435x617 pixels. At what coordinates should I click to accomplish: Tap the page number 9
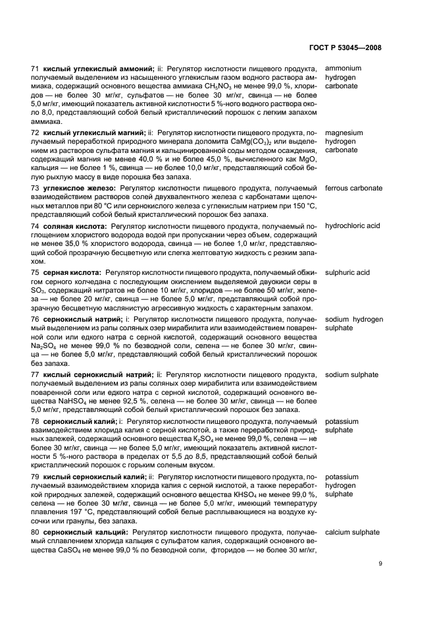pos(380,563)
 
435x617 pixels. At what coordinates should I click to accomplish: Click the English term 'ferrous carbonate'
pos(353,189)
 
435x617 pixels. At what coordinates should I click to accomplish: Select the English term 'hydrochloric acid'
pos(353,226)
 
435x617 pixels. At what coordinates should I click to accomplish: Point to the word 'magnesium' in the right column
pos(344,132)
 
